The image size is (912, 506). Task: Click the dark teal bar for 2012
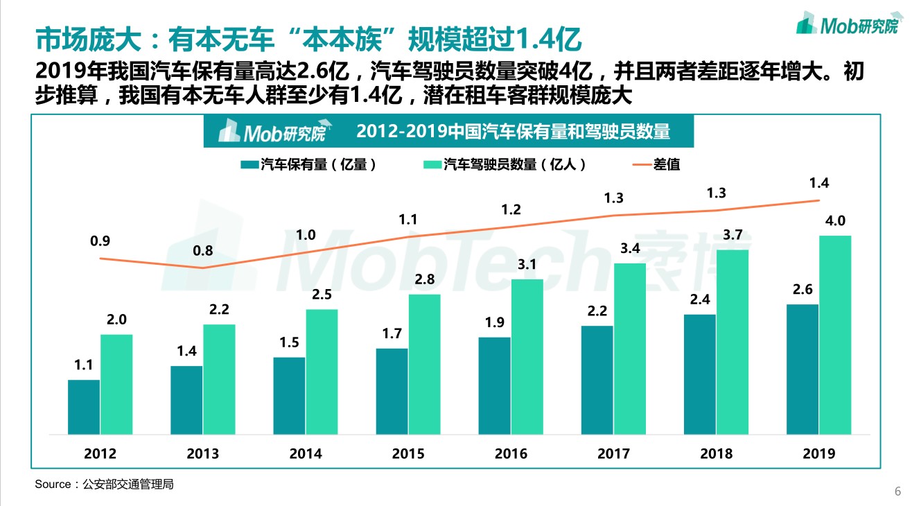click(x=84, y=407)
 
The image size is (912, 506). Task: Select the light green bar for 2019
click(x=835, y=335)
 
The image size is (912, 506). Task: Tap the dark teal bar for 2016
click(x=494, y=385)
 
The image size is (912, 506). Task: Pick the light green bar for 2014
click(x=322, y=372)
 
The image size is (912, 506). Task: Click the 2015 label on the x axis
click(x=408, y=454)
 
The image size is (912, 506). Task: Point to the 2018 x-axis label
click(x=716, y=454)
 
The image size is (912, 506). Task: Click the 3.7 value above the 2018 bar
click(x=733, y=235)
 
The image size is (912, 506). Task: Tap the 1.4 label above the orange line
click(x=819, y=184)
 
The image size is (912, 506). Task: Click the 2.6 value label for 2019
click(x=803, y=290)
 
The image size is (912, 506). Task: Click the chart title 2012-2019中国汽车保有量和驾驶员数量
click(x=514, y=131)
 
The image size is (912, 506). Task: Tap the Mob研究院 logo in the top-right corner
click(x=846, y=24)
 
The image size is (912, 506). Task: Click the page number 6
click(x=897, y=491)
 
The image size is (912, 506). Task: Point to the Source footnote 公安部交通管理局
click(x=104, y=485)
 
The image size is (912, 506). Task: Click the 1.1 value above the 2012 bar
click(x=84, y=365)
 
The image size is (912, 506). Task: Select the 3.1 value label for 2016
click(x=527, y=265)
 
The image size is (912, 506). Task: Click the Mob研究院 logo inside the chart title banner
click(x=271, y=131)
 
